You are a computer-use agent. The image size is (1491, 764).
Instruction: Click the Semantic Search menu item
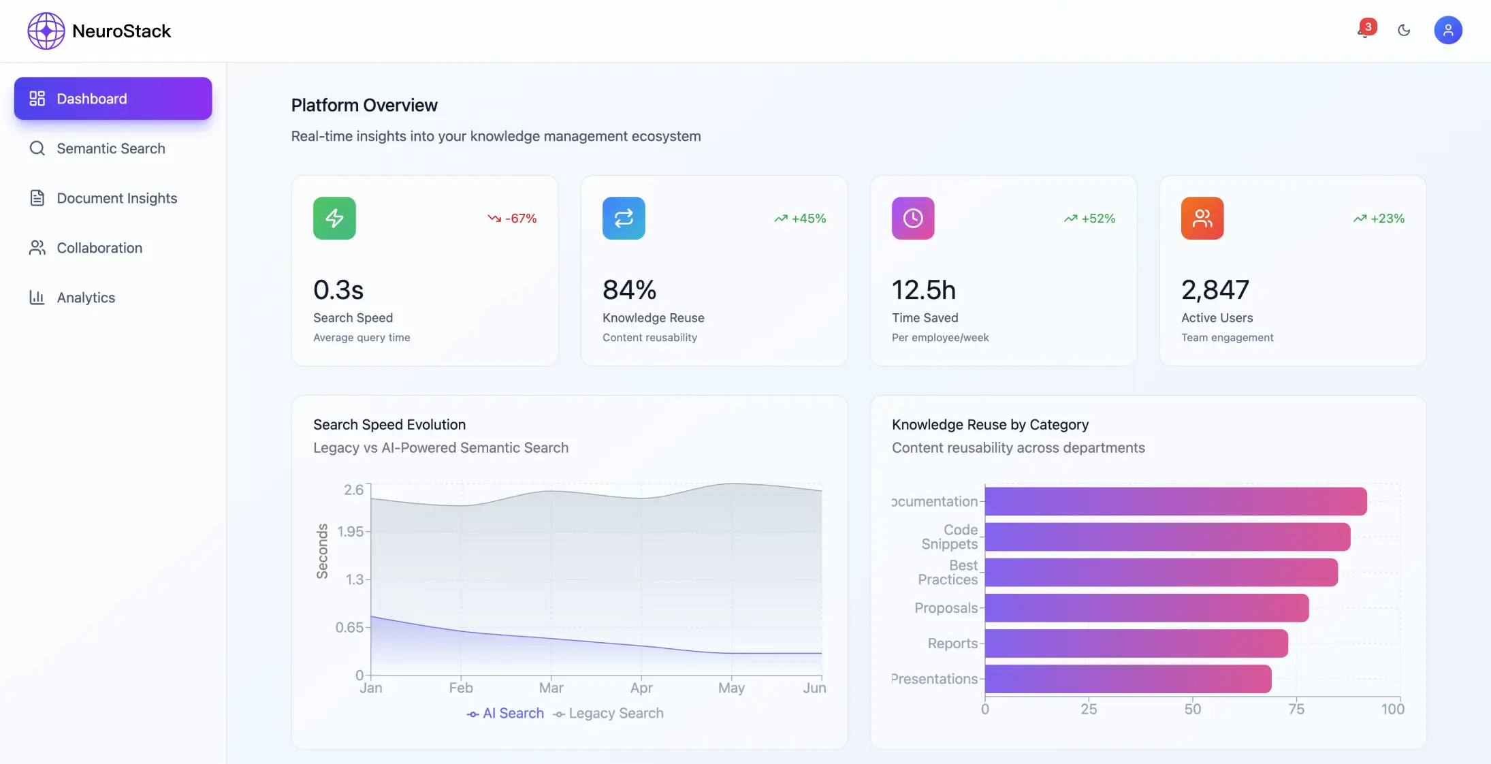coord(111,148)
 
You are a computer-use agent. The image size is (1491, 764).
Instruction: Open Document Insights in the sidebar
coord(116,198)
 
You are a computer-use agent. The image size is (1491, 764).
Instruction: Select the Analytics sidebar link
coord(86,298)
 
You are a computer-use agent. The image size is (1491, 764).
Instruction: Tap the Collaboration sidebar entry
coord(99,248)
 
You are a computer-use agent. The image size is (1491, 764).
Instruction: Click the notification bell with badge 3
coord(1364,30)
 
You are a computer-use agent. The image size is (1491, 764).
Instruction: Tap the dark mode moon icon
coord(1404,30)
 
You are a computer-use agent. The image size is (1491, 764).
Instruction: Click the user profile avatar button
coord(1447,30)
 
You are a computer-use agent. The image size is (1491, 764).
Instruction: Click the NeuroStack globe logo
coord(46,31)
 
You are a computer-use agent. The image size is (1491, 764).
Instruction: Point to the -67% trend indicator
coord(513,219)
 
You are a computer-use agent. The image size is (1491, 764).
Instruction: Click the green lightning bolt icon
coord(334,219)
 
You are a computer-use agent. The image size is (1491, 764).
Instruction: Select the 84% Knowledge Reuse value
coord(629,290)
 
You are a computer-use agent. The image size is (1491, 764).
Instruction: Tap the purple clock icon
coord(913,219)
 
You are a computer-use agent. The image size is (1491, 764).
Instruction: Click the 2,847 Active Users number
coord(1215,290)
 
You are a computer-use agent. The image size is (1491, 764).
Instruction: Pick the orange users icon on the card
coord(1202,219)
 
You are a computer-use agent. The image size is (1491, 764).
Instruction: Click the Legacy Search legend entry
coord(609,714)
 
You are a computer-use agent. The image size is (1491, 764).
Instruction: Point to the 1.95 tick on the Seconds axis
coord(351,532)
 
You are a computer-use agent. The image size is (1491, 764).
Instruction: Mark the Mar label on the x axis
coord(551,688)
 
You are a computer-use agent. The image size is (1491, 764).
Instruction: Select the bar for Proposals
coord(1147,608)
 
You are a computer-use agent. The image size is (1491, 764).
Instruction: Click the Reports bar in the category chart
coord(1136,643)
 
